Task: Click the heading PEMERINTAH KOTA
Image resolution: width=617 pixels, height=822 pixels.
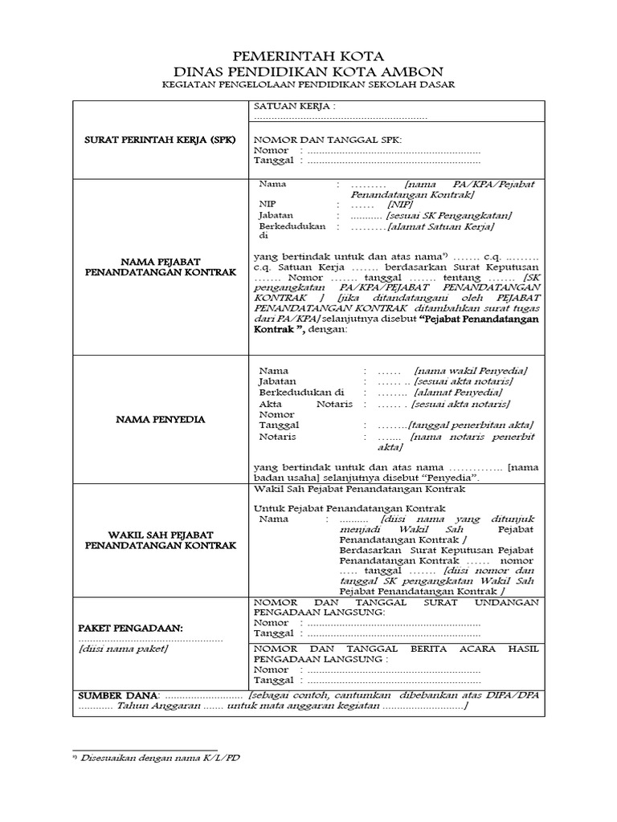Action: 308,56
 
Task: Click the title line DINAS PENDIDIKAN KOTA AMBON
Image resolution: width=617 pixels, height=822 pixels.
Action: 308,71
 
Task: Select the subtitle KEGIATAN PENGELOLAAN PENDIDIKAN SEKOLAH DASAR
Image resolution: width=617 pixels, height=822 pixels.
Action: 308,85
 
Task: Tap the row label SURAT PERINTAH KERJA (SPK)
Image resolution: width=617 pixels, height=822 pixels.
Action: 161,140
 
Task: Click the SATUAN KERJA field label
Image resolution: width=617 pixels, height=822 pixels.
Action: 294,106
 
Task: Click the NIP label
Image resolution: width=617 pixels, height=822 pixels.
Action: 266,205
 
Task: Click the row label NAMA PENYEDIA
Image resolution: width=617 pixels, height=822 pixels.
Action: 161,419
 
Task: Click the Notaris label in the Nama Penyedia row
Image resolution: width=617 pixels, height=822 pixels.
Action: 277,437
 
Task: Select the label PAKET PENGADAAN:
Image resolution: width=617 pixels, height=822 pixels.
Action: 131,627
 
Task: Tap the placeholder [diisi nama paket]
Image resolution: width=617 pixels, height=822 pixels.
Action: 123,649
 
